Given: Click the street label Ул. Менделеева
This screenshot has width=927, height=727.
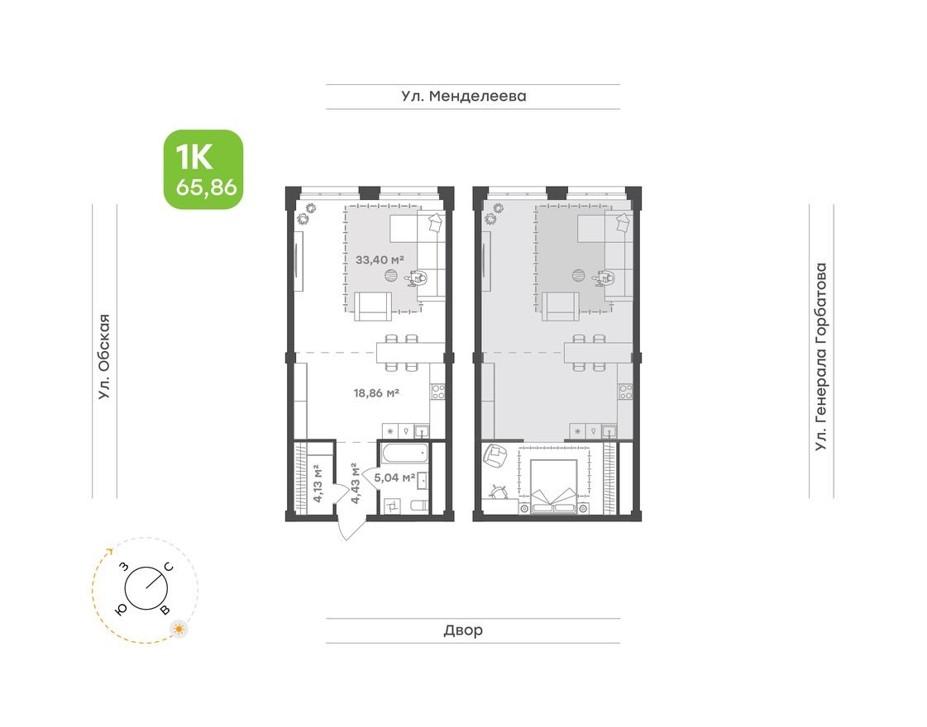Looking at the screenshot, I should pyautogui.click(x=464, y=97).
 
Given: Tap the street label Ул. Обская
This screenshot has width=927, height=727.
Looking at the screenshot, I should pyautogui.click(x=103, y=358).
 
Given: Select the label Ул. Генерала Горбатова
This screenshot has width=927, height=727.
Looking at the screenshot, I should pyautogui.click(x=820, y=358).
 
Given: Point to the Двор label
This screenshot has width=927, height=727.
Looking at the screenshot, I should pyautogui.click(x=463, y=630).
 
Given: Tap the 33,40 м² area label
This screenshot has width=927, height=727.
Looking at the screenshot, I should pyautogui.click(x=380, y=259).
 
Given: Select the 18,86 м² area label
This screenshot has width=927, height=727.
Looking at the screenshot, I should pyautogui.click(x=376, y=393).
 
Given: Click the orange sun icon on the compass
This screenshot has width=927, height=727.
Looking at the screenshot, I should pyautogui.click(x=179, y=630).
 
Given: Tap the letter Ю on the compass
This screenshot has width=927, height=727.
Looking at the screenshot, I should pyautogui.click(x=122, y=609).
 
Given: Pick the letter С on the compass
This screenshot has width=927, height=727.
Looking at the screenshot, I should pyautogui.click(x=168, y=567).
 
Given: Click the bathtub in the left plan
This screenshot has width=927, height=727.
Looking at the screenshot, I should pyautogui.click(x=404, y=453).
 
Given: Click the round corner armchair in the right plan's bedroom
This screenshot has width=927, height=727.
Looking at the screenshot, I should pyautogui.click(x=497, y=455).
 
